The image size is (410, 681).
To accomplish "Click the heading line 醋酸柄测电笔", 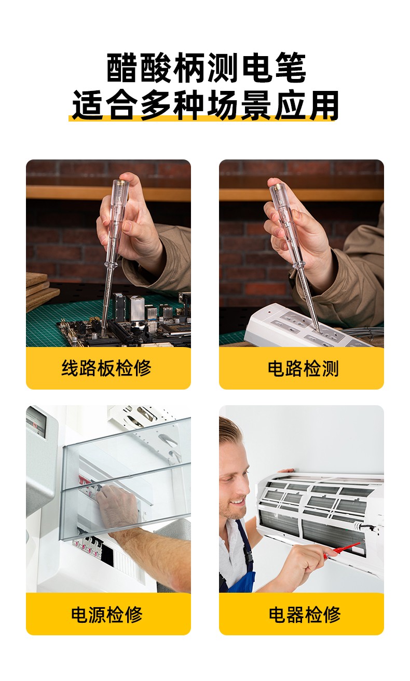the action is pos(206,68).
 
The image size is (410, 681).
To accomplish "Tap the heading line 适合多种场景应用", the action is pos(206,105).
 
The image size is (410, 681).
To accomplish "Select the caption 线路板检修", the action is pos(106,368).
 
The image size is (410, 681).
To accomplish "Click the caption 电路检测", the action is pos(303,368).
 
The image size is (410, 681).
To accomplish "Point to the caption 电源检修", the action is pos(106,615).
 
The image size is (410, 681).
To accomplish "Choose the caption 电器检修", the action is pos(305,615).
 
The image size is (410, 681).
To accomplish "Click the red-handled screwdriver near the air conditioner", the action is pos(341,550).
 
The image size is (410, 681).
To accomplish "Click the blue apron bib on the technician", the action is pos(243,568).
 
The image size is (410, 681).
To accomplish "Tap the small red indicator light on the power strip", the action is pos(269,312).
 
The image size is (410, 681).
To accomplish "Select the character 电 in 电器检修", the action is pos(278,615).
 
